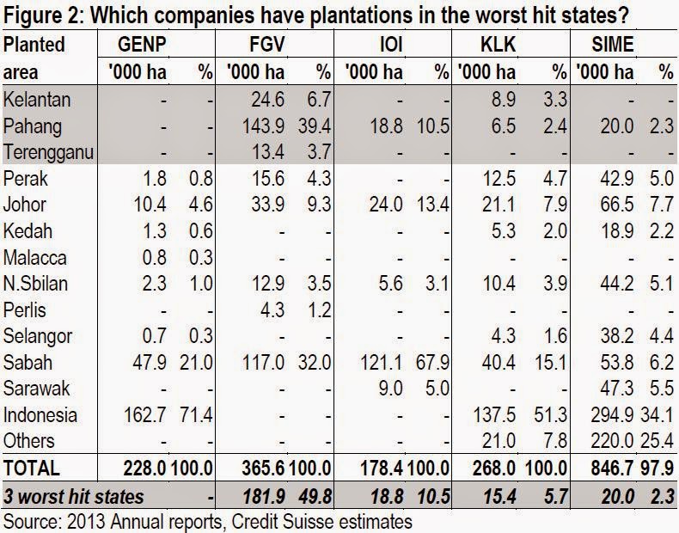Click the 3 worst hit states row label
[74, 496]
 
